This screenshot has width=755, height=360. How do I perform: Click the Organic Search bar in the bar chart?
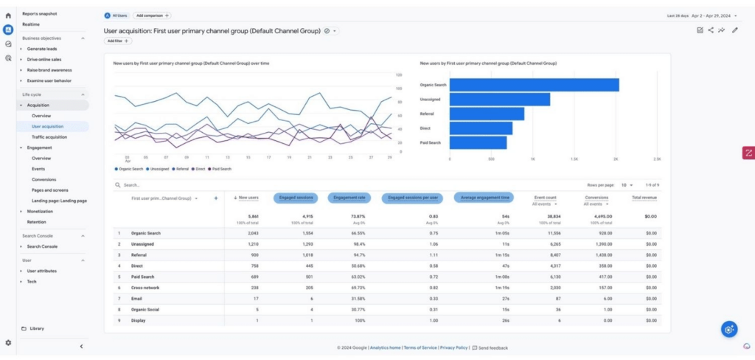(534, 85)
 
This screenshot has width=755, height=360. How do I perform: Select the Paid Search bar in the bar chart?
(478, 142)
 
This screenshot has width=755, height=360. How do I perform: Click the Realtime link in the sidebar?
(31, 24)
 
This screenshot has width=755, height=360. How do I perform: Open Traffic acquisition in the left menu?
(49, 136)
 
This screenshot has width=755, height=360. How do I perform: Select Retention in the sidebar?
(37, 221)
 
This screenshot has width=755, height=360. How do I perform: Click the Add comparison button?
(153, 15)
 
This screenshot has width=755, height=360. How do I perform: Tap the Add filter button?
(118, 41)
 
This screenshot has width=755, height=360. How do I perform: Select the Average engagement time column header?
(485, 198)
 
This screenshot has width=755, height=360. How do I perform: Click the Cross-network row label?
(145, 287)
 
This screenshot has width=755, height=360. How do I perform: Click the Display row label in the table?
(138, 320)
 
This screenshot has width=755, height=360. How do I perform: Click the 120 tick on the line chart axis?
(399, 75)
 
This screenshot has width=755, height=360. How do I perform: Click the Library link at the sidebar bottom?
(36, 328)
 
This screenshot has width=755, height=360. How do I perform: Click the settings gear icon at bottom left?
(8, 343)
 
